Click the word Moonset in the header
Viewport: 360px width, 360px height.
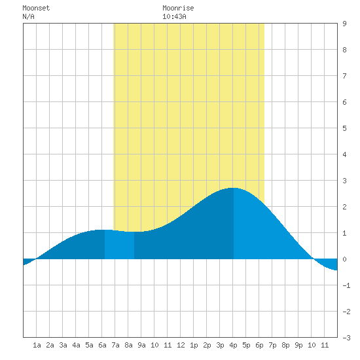point(36,8)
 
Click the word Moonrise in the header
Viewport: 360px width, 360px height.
point(178,8)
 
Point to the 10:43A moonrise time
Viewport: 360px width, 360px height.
point(174,16)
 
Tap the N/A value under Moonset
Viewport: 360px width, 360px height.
point(28,16)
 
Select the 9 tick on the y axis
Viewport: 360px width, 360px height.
point(344,24)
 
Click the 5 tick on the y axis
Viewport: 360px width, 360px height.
point(344,128)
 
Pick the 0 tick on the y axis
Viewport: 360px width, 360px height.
point(344,259)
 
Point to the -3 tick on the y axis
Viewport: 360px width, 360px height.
point(346,338)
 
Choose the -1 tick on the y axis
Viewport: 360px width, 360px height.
point(346,285)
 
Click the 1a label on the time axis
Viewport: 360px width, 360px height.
point(37,345)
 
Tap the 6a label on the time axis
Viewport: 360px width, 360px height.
point(102,345)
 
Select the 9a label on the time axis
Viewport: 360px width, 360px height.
point(141,345)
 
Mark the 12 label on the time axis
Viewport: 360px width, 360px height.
point(181,345)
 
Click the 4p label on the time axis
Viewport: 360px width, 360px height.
point(233,345)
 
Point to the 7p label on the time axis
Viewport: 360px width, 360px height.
point(272,345)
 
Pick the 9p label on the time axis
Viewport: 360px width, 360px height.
point(298,345)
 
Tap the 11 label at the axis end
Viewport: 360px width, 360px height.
point(325,345)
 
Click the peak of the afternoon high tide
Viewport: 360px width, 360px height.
point(234,188)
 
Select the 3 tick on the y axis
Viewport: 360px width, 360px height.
point(344,181)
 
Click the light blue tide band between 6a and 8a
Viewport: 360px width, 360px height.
point(119,245)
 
